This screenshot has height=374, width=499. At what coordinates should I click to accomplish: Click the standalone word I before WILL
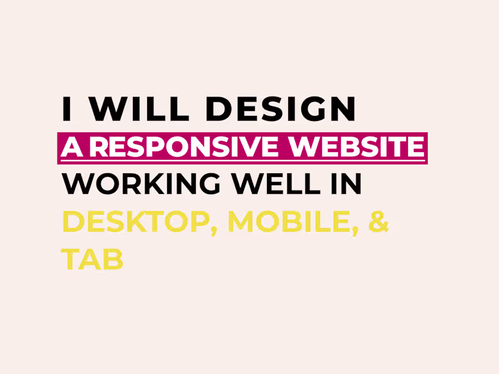click(x=66, y=109)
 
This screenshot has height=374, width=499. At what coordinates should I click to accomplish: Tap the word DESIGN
click(x=281, y=109)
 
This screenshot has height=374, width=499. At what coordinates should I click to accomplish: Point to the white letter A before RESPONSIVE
click(x=72, y=147)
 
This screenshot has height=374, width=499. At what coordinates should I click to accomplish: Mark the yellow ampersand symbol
click(x=379, y=222)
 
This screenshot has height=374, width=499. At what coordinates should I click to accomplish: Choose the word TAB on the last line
click(x=92, y=259)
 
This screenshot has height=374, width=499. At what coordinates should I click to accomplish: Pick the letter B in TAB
click(x=113, y=259)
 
